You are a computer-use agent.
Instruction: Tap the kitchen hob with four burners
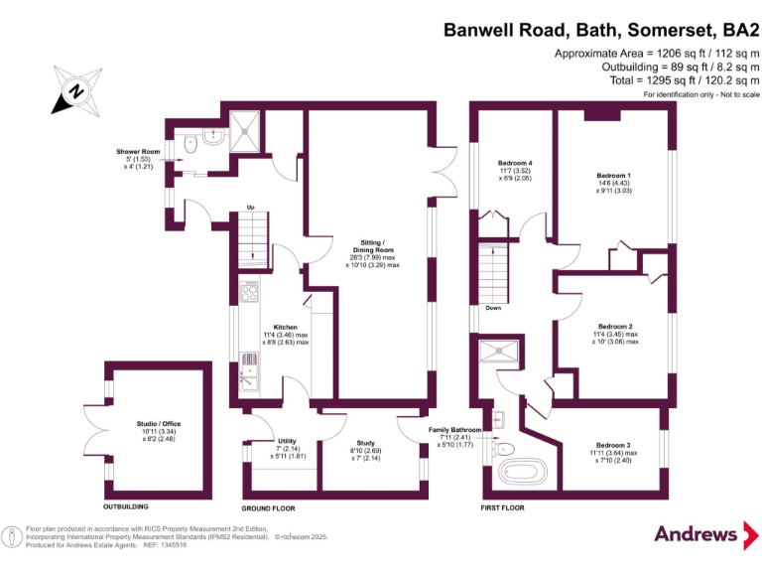coord(249,294)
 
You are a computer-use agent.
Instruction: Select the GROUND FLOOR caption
coord(268,507)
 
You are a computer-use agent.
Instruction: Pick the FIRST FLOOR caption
coord(494,507)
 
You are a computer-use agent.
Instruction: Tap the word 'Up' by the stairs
coord(251,208)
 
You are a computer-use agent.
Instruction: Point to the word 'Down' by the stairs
coord(493,308)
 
